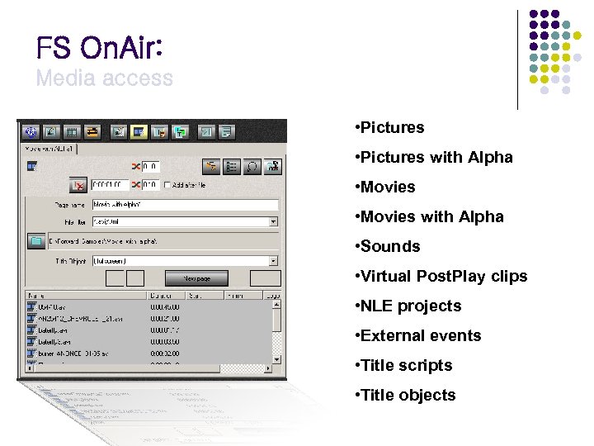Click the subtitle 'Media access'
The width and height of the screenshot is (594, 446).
point(104,78)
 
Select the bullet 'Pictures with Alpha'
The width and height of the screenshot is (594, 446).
point(433,157)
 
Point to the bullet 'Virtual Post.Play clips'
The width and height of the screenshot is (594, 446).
point(441,276)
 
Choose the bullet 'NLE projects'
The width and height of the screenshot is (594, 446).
point(407,306)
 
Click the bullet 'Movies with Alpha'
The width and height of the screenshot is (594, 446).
point(428,216)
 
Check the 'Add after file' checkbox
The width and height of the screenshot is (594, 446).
point(167,184)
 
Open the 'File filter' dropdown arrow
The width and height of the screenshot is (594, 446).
point(274,221)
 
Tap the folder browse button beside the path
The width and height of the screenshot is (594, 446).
point(35,240)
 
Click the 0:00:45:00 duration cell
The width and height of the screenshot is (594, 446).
point(164,306)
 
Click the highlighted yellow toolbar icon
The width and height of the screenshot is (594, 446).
point(138,131)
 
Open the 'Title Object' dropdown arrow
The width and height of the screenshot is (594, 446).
point(274,261)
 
